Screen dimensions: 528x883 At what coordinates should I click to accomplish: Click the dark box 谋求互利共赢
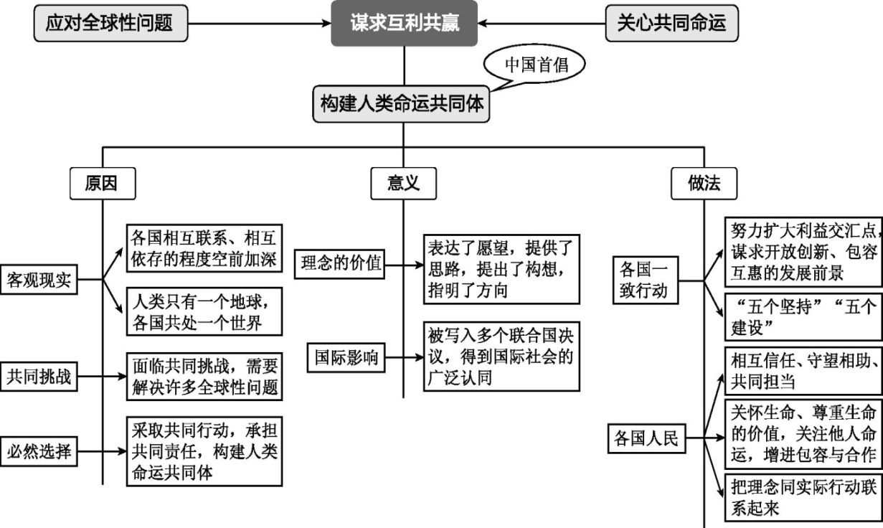pos(404,23)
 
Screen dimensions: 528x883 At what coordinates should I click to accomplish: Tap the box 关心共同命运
pos(671,23)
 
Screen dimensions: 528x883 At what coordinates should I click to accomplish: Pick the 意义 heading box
pos(403,184)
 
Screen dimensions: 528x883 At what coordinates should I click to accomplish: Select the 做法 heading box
pos(704,184)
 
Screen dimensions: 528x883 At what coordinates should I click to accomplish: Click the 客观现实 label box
pos(39,280)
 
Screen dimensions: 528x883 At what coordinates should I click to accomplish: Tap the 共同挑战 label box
pos(39,376)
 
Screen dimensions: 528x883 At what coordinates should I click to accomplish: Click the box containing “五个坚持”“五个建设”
pos(803,316)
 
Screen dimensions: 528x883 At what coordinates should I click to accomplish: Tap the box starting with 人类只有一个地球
pos(204,310)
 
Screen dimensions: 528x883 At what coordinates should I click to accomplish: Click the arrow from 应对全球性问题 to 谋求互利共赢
pos(258,24)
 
